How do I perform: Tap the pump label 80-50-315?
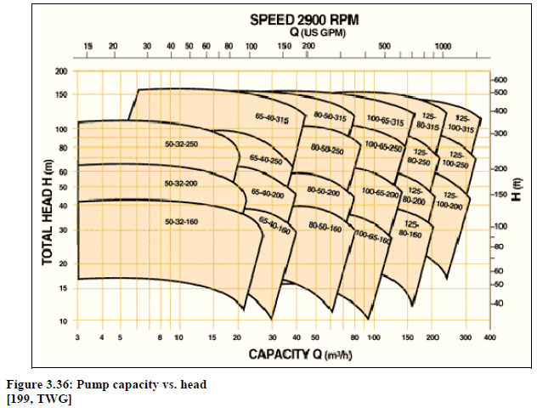(329, 115)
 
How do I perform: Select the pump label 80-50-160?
(325, 227)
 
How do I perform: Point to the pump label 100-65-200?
(380, 194)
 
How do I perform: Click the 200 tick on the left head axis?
(61, 71)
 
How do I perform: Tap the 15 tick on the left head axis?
(61, 289)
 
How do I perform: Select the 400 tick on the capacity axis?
(489, 337)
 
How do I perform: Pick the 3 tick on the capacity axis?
(77, 337)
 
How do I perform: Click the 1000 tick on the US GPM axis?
(442, 45)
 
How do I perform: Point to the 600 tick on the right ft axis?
(500, 80)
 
